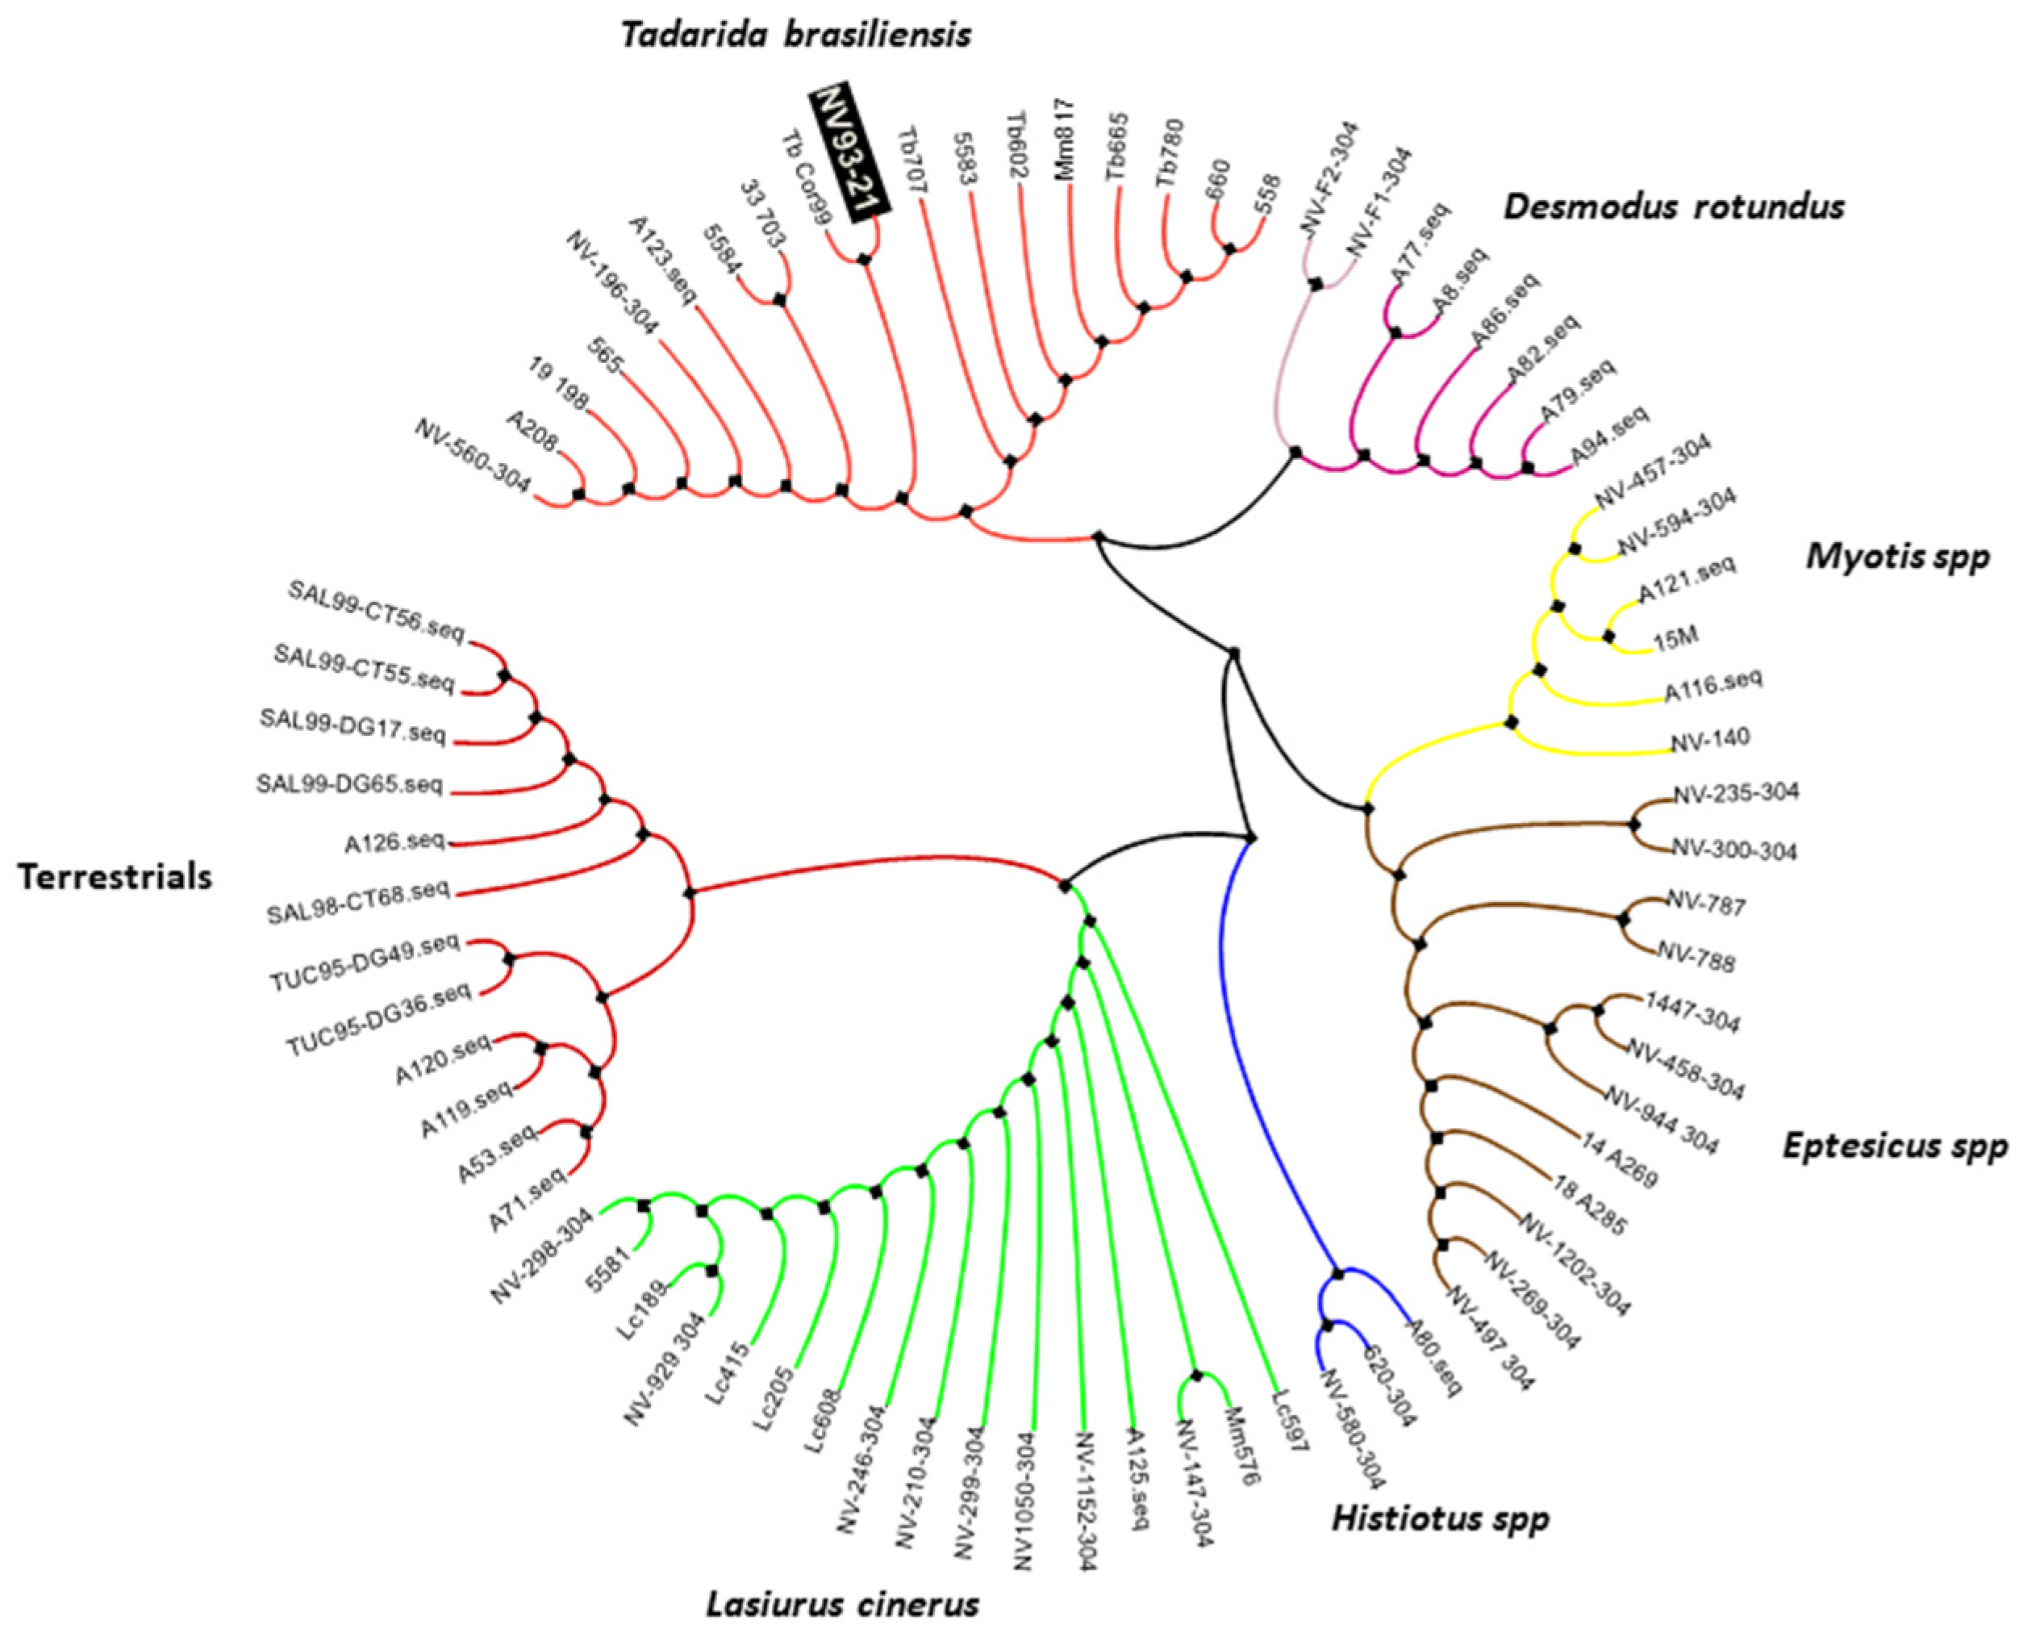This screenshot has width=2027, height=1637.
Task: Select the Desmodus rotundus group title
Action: [1675, 207]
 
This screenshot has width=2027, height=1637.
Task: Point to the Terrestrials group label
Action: [115, 877]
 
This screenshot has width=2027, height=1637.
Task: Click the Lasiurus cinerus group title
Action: [842, 1602]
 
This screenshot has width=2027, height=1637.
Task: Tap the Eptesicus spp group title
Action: [1895, 1146]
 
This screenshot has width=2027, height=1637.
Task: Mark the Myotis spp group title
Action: [1898, 557]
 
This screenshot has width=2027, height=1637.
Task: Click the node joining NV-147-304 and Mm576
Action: [1196, 1376]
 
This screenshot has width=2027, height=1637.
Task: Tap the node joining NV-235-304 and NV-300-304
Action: [1635, 822]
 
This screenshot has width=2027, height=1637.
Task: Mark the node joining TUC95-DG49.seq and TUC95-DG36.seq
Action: [510, 959]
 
